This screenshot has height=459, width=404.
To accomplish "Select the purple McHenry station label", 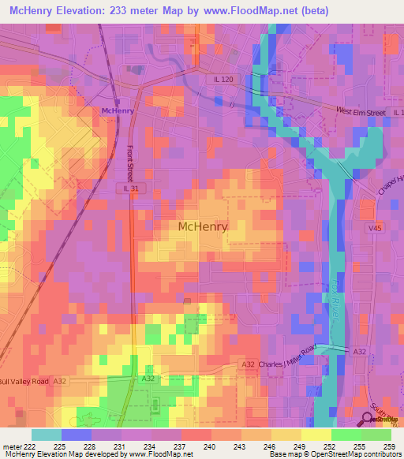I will pyautogui.click(x=117, y=111).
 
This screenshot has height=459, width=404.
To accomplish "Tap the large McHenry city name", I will pyautogui.click(x=203, y=226).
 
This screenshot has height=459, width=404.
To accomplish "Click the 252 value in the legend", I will pyautogui.click(x=331, y=446).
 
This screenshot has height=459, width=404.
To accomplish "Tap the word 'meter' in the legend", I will pyautogui.click(x=11, y=446).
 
